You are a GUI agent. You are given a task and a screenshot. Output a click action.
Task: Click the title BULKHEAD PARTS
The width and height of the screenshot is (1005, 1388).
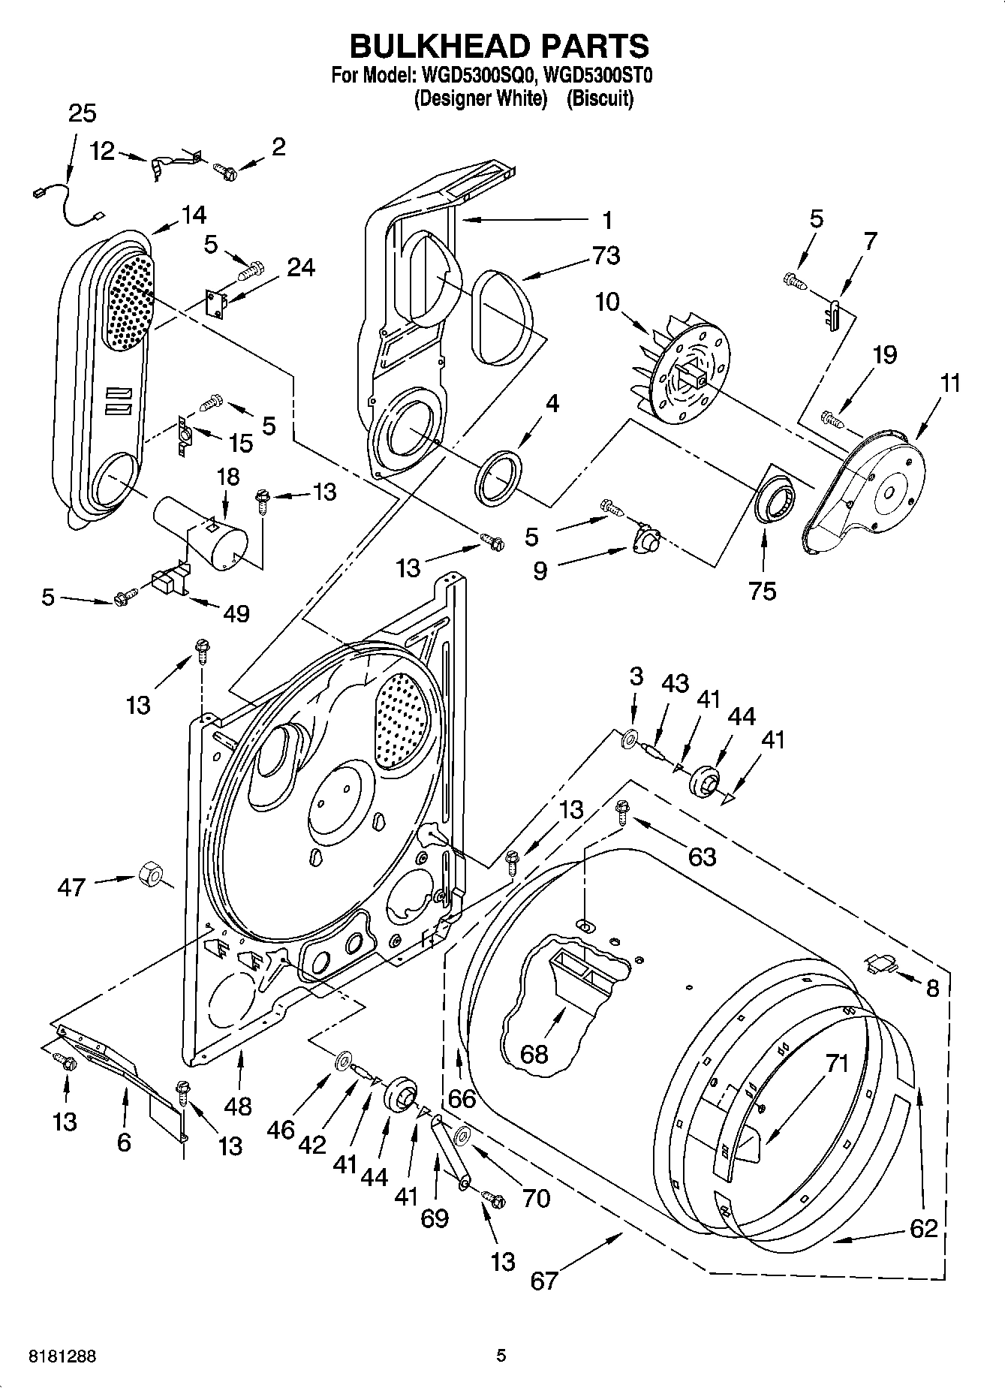click(x=500, y=47)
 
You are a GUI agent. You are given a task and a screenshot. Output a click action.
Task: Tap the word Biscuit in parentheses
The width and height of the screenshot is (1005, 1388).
click(x=600, y=98)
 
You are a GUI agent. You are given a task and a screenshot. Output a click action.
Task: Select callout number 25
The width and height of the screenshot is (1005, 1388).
click(x=82, y=113)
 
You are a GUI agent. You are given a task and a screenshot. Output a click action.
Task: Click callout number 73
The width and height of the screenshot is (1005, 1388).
click(x=605, y=255)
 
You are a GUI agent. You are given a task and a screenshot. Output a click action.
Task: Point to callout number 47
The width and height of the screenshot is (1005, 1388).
click(x=72, y=887)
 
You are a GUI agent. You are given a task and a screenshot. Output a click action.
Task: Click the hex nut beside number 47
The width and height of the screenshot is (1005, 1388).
click(x=150, y=875)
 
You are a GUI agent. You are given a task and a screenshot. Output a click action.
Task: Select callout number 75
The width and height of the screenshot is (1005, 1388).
click(x=762, y=591)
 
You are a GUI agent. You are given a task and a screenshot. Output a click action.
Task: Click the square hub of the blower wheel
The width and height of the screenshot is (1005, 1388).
click(x=691, y=370)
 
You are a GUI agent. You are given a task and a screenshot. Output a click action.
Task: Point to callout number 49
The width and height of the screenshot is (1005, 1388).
click(x=236, y=613)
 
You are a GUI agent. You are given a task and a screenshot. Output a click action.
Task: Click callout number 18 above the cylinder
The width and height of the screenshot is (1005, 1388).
click(x=228, y=477)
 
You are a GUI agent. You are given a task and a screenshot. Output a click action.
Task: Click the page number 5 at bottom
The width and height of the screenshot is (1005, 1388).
click(x=501, y=1356)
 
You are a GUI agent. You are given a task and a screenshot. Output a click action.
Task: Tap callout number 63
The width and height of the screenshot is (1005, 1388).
click(x=702, y=856)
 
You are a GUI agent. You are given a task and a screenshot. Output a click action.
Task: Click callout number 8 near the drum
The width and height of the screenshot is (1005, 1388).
click(x=932, y=988)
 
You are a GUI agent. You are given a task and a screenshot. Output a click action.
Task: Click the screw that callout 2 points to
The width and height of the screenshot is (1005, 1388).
click(x=225, y=172)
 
